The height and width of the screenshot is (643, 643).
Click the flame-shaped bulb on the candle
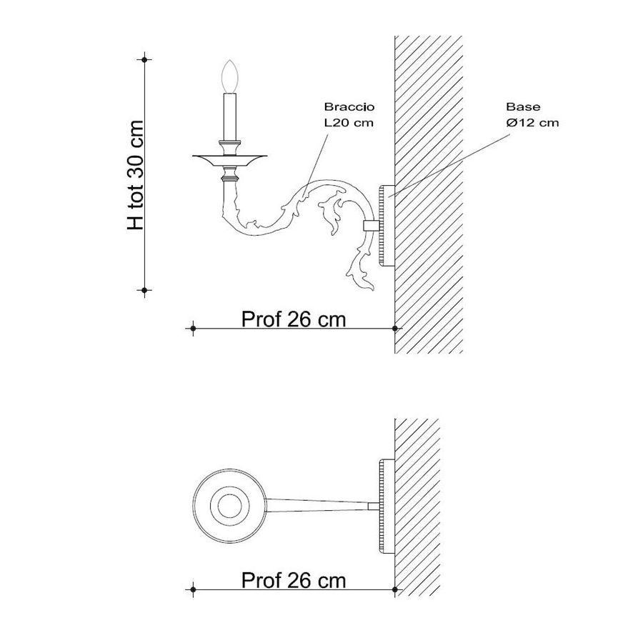point(229,76)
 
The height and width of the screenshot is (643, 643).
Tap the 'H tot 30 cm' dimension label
point(136,175)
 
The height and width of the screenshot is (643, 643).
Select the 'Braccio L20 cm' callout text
point(349,115)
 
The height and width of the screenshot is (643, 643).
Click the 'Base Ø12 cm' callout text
point(532,115)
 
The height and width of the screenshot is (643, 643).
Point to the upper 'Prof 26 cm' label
point(294,319)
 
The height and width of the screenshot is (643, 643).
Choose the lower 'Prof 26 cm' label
point(294,580)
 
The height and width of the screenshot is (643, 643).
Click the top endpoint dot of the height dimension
point(144,59)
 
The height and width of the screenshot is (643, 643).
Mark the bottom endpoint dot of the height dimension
point(144,290)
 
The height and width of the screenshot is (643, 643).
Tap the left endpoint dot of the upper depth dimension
point(193,328)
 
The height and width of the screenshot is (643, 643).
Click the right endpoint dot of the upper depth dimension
point(395,328)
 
